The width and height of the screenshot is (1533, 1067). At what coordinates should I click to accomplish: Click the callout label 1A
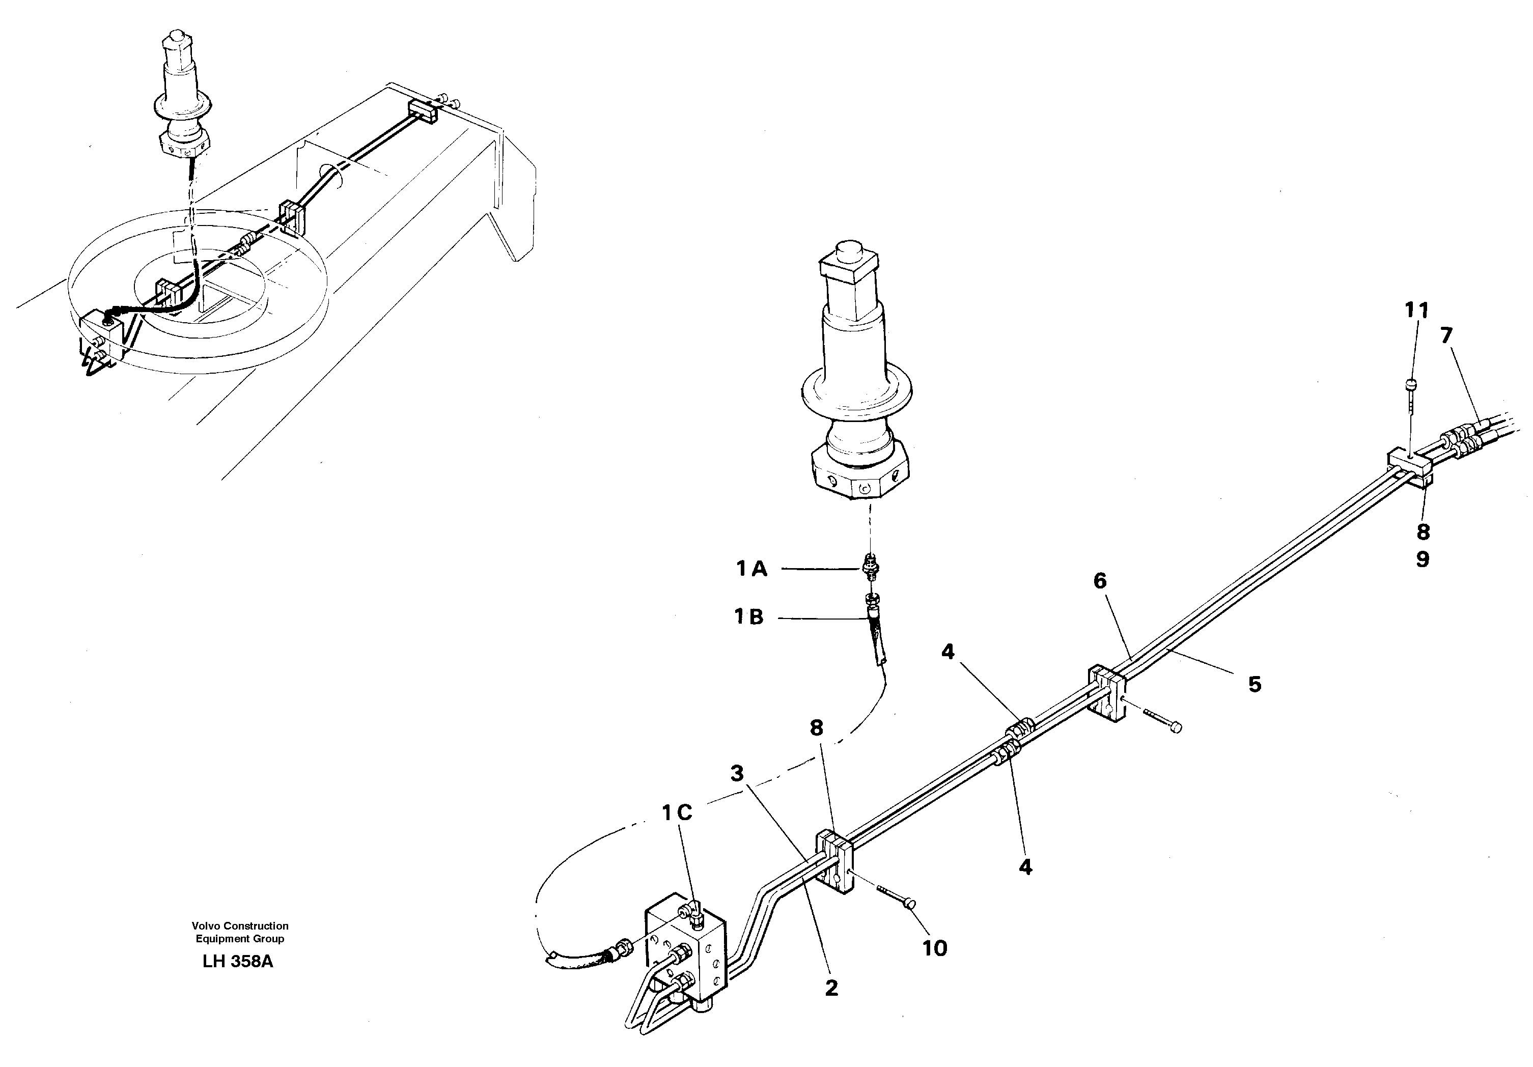click(752, 569)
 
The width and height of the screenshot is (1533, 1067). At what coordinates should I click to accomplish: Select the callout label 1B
click(749, 617)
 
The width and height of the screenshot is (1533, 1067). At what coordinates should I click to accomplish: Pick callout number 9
click(1423, 559)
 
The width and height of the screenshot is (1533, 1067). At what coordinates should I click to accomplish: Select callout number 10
click(935, 948)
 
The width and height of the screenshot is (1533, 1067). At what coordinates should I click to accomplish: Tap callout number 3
click(736, 774)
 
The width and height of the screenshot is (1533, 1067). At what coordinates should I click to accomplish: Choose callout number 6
click(1100, 581)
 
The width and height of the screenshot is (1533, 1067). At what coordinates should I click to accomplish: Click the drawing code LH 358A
click(238, 962)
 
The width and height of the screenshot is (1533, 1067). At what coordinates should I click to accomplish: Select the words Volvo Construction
click(240, 925)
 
